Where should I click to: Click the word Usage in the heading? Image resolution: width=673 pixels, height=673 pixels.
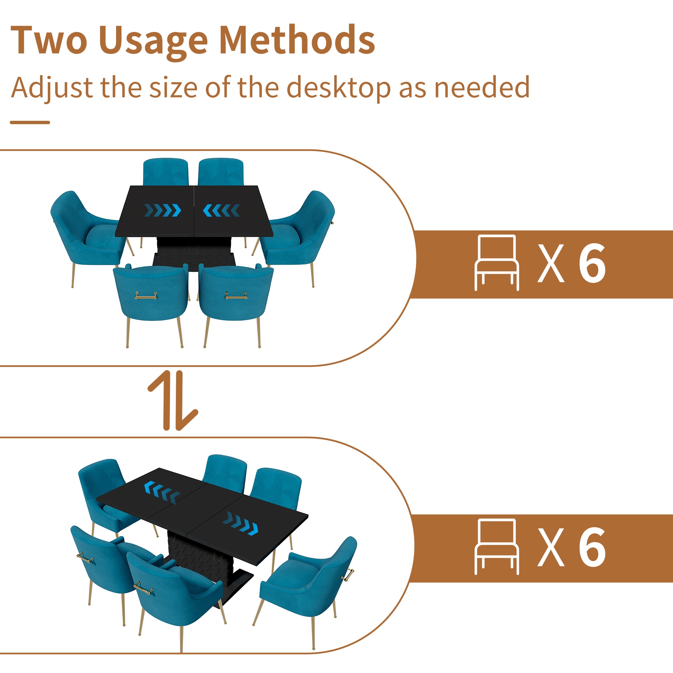[153, 43]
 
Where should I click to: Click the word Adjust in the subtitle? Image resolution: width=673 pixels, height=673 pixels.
[52, 88]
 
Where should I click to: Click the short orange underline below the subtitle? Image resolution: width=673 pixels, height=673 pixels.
[30, 122]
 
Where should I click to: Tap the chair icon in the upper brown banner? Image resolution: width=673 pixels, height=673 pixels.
[497, 263]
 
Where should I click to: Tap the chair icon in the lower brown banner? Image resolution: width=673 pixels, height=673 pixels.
[497, 546]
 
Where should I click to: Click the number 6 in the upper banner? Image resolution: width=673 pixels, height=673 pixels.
[592, 263]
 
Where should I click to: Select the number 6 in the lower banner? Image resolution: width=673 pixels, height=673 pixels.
[592, 547]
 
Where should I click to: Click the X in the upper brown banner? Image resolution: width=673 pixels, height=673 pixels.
[551, 263]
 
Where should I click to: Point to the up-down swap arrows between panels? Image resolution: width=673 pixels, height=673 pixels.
[173, 400]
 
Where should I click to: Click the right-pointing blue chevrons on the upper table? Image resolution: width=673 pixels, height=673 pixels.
[163, 210]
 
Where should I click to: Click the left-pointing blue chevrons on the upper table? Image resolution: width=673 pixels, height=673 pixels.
[221, 210]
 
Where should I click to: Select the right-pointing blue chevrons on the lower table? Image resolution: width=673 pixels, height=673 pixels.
[240, 523]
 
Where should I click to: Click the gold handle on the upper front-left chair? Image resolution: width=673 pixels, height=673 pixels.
[146, 296]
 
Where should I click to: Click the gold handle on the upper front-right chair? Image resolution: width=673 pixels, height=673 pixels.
[236, 296]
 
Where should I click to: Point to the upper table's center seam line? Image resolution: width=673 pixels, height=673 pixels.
[194, 211]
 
